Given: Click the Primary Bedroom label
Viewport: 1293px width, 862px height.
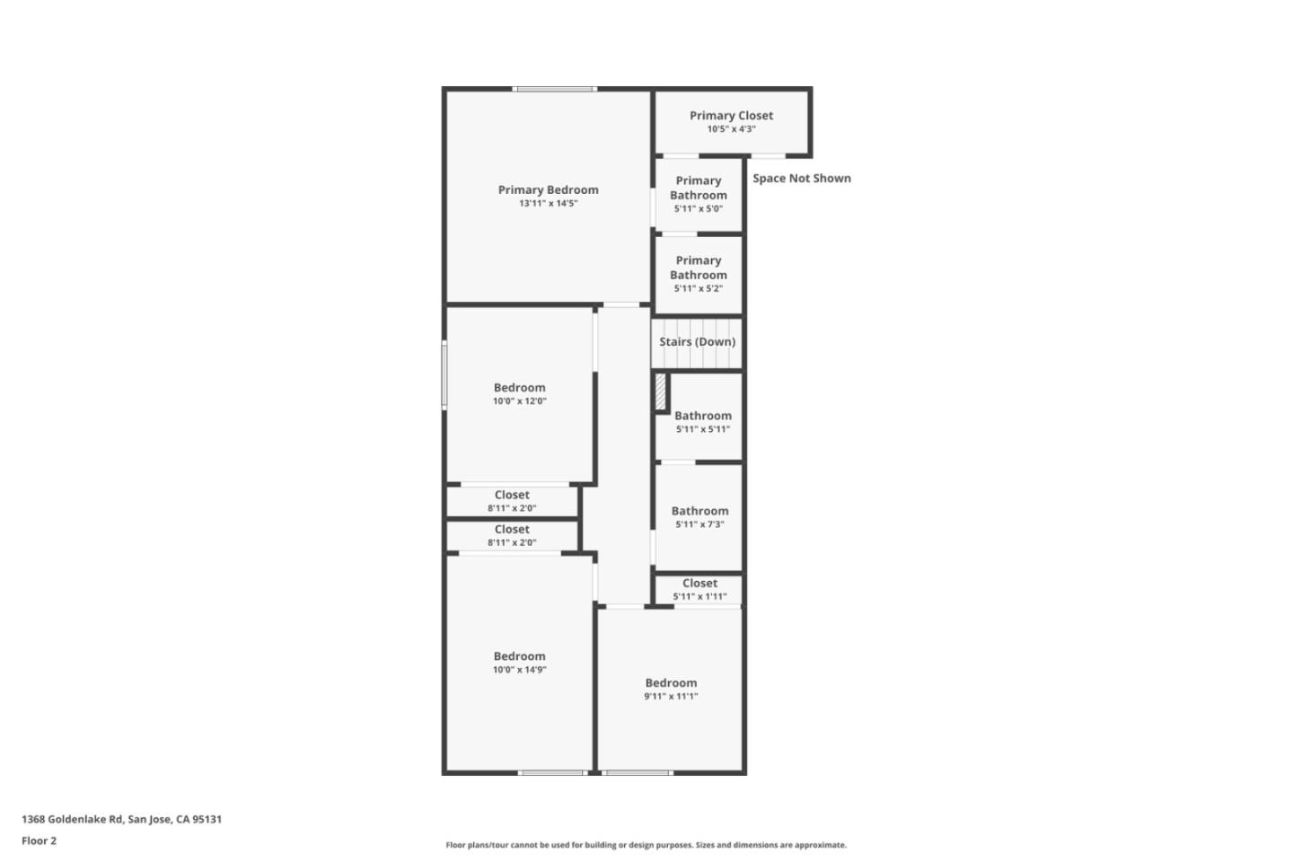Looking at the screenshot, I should tap(548, 189).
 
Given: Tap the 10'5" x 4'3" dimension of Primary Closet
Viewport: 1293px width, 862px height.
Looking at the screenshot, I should tap(731, 129).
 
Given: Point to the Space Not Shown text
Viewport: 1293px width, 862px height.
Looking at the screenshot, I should tap(801, 178).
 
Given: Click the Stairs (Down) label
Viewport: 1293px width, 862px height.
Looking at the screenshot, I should tap(697, 341).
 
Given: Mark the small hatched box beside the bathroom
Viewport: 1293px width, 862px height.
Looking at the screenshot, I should tap(661, 392).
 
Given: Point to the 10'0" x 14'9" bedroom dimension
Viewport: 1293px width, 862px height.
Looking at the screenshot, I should tap(519, 670).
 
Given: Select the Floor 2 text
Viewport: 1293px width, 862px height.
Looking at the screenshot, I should tap(39, 840).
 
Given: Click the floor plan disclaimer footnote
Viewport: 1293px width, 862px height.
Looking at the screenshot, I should tap(646, 845).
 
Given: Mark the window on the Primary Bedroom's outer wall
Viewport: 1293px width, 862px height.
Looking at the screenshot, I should tap(555, 89).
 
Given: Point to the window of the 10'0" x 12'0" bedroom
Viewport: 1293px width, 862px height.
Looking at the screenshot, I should tap(444, 374).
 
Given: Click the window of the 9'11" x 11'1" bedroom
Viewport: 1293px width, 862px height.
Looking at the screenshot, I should tap(637, 772).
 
